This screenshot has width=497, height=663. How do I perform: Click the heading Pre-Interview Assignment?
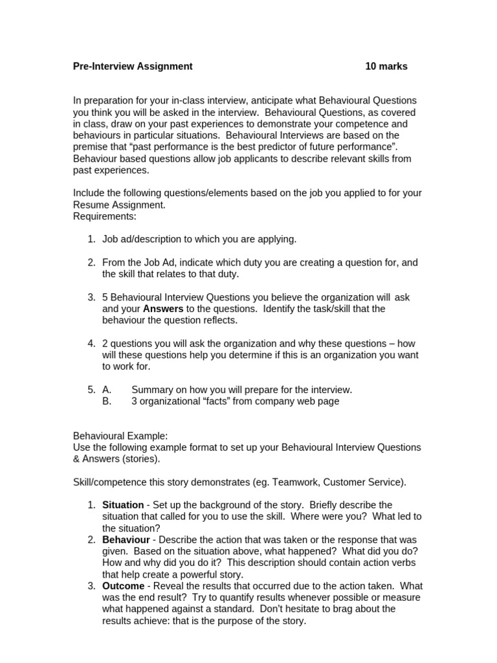133,66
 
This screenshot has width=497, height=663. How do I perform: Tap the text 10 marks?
386,66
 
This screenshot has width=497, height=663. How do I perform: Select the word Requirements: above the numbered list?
105,216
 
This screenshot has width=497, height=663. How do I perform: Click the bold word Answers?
163,309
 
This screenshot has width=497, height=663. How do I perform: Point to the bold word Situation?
123,505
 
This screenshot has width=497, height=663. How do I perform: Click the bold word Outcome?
123,586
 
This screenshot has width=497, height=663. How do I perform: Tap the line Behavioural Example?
120,436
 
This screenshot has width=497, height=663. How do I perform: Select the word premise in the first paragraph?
91,147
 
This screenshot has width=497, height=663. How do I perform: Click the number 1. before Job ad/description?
91,240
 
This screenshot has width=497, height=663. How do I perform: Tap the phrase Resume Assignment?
118,205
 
